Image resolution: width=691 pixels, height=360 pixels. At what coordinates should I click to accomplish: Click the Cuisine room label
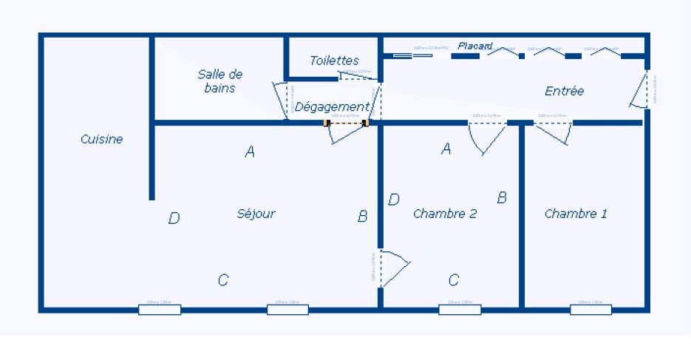pos(102,139)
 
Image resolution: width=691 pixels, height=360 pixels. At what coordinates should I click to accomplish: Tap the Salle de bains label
pos(219,81)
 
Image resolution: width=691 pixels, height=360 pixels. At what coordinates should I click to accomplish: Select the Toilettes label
pos(334,61)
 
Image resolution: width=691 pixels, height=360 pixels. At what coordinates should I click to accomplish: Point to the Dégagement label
pos(331,106)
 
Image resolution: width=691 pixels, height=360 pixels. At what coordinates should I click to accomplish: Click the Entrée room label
pos(564,91)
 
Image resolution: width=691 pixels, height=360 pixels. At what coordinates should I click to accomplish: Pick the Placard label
pos(474,46)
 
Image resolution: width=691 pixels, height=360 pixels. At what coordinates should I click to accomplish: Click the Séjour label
pos(256,214)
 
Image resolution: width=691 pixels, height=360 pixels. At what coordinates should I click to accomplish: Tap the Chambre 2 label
pos(444,214)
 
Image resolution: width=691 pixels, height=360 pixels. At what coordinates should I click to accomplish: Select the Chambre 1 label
pos(576,214)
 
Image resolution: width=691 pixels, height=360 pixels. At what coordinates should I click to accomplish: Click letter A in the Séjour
pos(250,152)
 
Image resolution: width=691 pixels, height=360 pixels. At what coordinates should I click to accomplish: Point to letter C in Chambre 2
pos(454,280)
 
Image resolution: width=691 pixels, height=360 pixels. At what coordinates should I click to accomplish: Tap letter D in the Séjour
pos(174,218)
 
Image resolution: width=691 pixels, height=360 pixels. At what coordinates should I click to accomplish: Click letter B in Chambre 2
pos(502,197)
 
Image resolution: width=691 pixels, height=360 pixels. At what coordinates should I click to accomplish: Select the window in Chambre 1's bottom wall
pos(590,309)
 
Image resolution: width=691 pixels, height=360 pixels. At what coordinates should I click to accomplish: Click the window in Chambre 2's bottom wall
pos(459,309)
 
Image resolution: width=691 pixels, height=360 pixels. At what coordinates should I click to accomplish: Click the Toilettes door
pos(359,75)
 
